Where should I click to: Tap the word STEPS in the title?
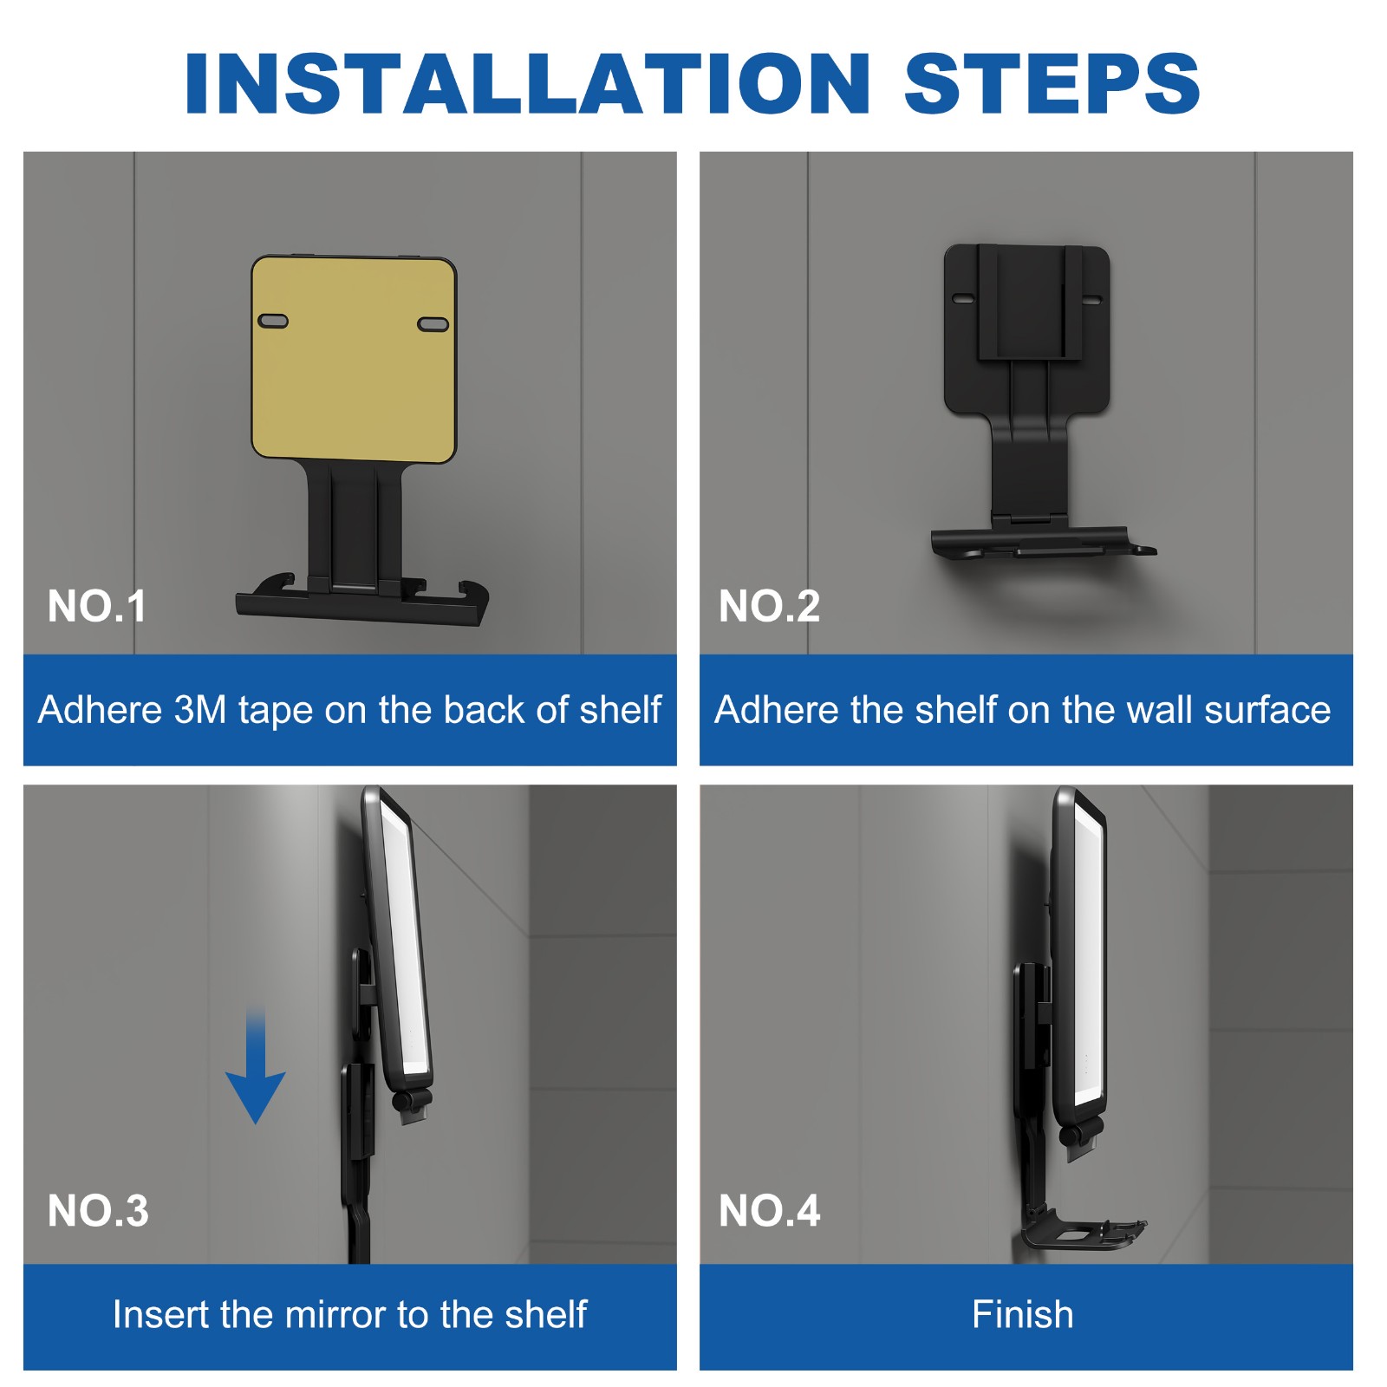point(1052,83)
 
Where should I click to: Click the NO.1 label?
point(97,606)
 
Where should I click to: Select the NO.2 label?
point(769,606)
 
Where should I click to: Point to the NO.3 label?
point(98,1210)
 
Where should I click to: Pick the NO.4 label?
point(769,1210)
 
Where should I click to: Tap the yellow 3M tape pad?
point(354,381)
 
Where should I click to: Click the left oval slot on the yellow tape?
point(274,321)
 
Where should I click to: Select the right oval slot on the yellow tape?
point(433,324)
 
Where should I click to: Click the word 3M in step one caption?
point(199,710)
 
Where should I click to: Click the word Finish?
point(1023,1314)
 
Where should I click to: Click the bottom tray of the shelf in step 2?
point(1032,544)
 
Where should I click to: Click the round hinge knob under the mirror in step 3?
point(404,1102)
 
